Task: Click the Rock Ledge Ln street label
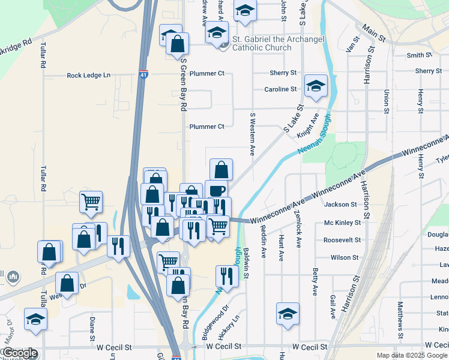(89, 75)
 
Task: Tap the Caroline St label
(280, 89)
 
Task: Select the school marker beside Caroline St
(315, 86)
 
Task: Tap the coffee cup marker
(216, 191)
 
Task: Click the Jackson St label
(340, 205)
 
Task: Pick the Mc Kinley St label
(342, 223)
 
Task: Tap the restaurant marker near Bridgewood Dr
(227, 276)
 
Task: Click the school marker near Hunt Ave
(288, 314)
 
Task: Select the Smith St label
(420, 55)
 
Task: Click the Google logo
(19, 353)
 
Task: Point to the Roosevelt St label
(342, 240)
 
